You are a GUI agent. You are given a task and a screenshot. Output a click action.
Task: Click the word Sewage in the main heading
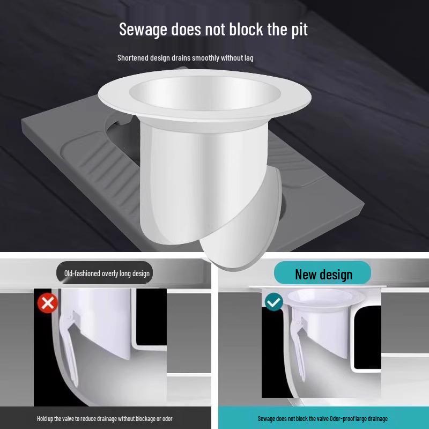tap(143, 29)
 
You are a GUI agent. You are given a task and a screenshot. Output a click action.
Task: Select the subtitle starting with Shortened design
tap(185, 57)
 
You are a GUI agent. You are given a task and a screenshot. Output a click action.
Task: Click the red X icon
tap(48, 303)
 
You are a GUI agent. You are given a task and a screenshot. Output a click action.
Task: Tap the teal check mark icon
tap(274, 302)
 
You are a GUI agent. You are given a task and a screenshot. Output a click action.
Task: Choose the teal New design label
tap(323, 273)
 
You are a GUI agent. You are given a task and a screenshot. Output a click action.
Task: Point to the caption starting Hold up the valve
tap(105, 418)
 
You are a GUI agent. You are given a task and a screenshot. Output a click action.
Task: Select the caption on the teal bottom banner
tap(322, 418)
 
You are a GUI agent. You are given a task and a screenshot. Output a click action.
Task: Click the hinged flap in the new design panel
tap(295, 343)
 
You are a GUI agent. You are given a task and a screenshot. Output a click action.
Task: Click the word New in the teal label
tap(306, 274)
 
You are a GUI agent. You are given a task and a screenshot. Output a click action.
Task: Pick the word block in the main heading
tap(246, 29)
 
